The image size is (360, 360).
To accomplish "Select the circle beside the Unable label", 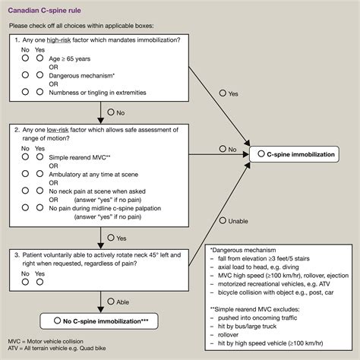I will [223, 221].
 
